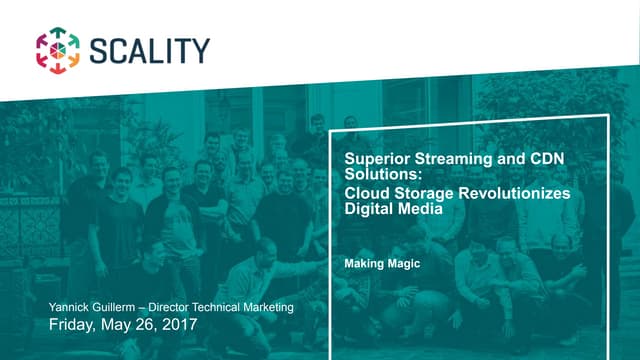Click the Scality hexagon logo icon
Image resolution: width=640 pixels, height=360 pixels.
point(57,49)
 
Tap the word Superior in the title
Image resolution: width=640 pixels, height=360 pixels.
point(373,159)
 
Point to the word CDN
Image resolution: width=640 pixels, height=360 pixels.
point(531,159)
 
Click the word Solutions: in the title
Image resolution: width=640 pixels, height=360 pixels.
point(379,175)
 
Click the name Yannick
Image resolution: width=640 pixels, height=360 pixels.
point(71,308)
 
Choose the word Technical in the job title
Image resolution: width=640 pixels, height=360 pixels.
point(234,308)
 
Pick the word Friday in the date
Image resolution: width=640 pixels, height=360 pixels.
point(74,325)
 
